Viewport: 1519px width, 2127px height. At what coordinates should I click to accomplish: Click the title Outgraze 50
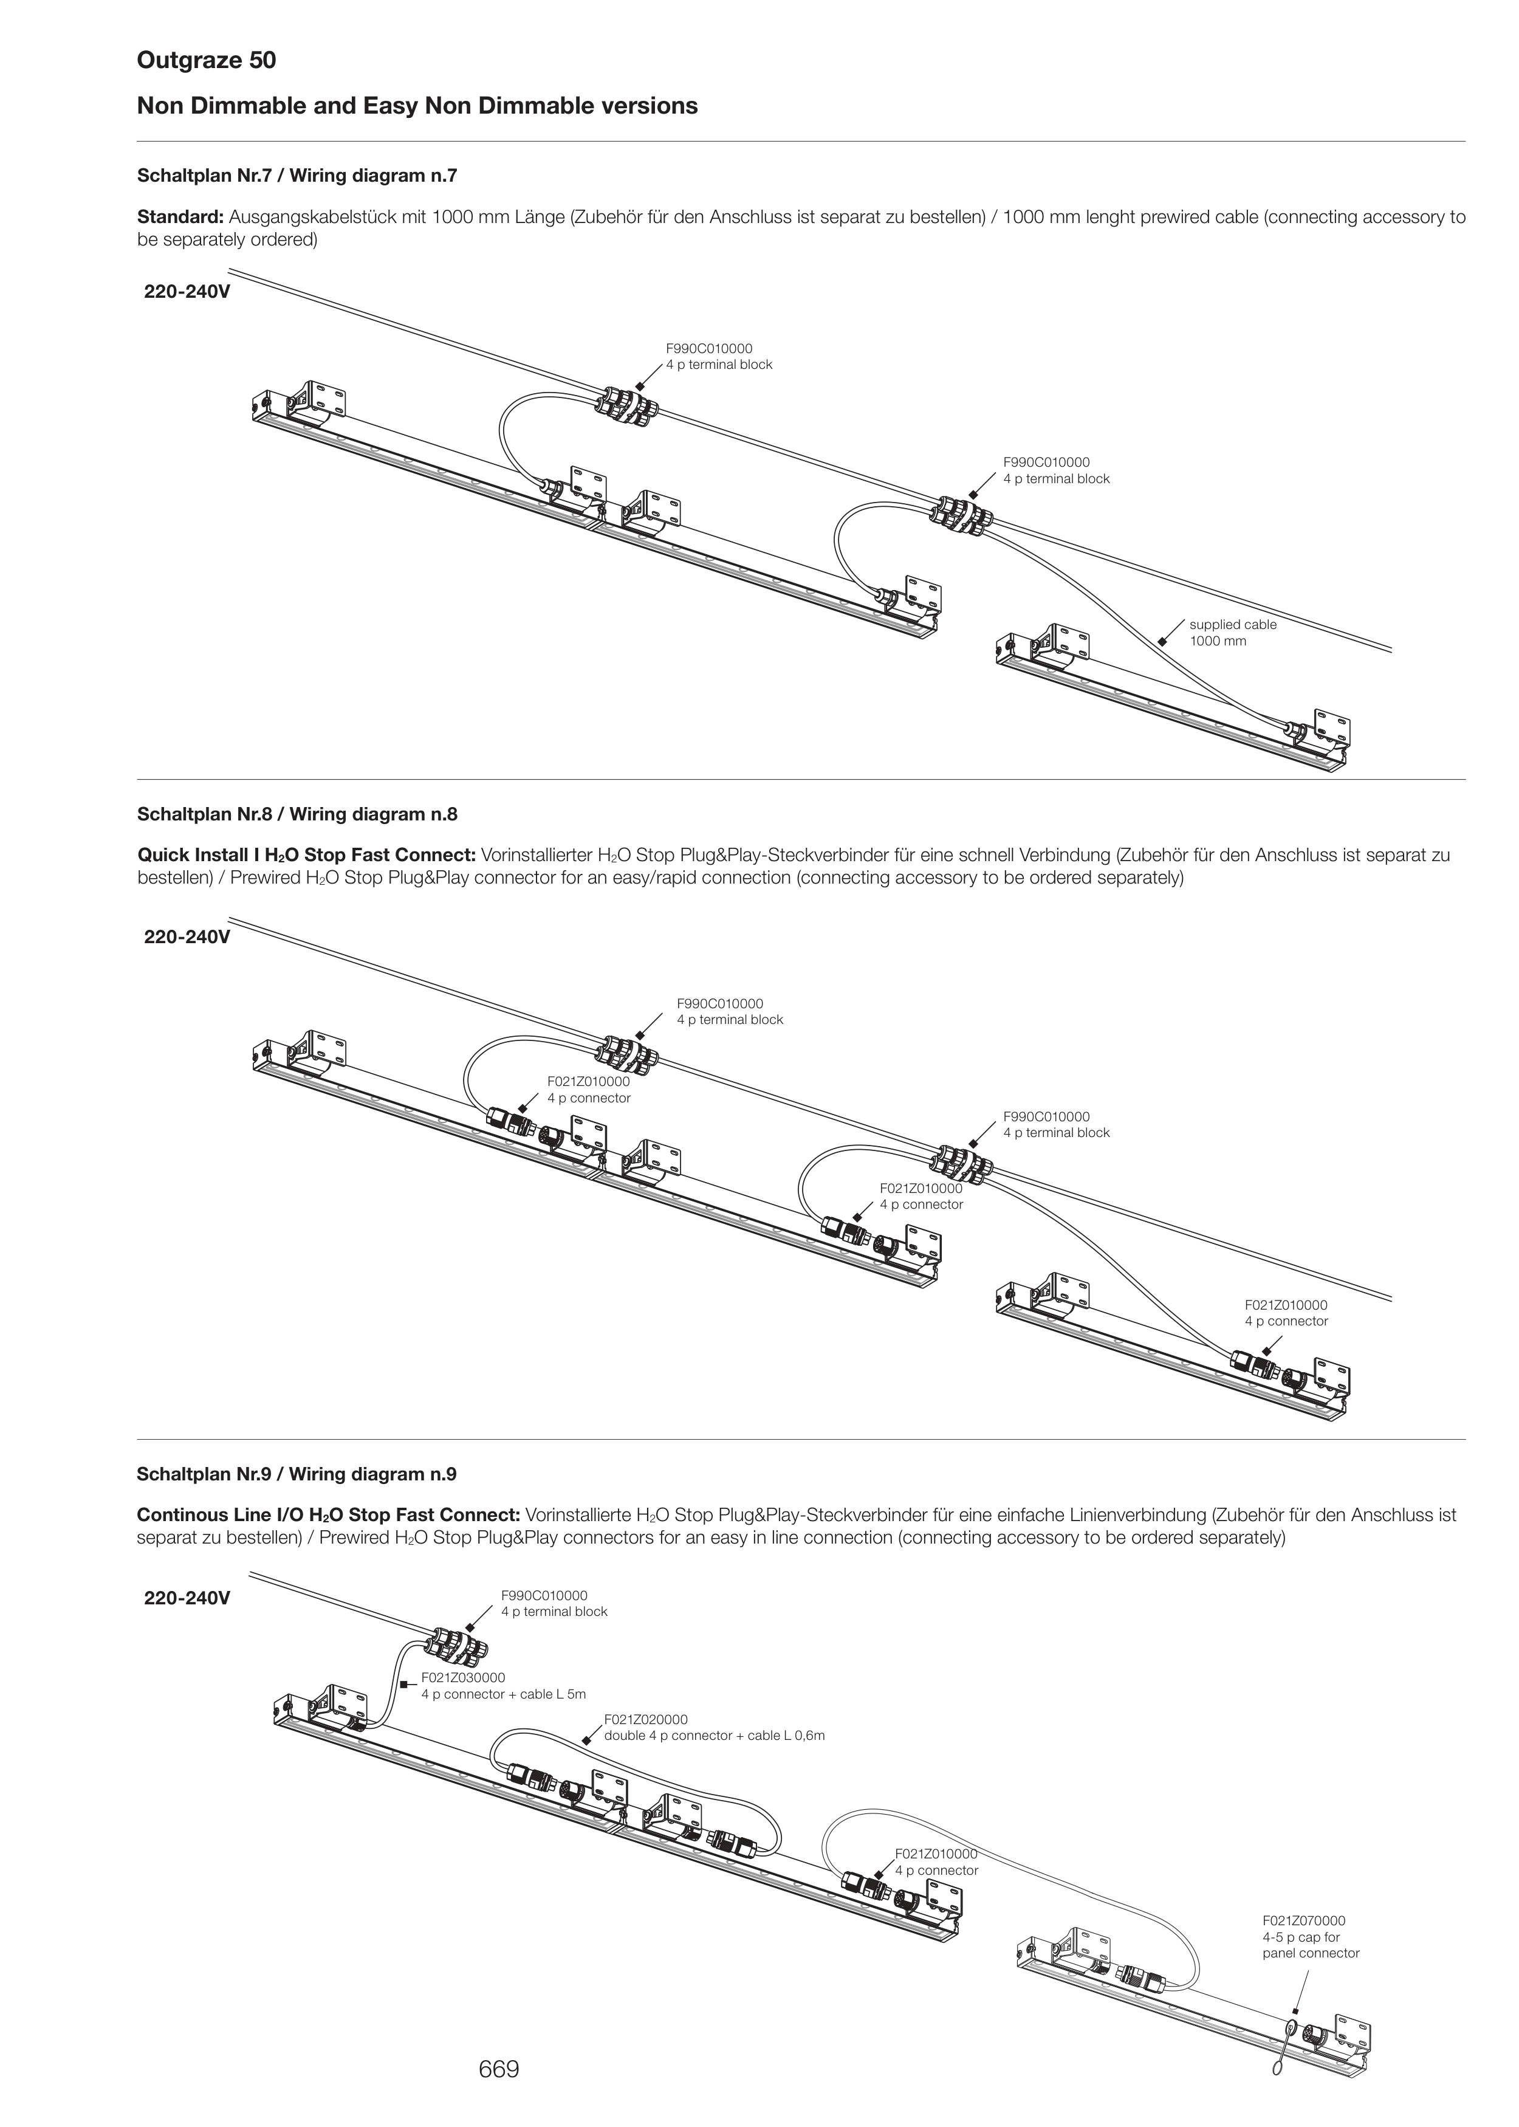(207, 61)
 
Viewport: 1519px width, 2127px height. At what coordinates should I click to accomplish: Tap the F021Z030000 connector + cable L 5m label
(503, 1686)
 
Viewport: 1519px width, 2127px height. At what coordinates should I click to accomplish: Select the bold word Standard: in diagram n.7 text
(180, 217)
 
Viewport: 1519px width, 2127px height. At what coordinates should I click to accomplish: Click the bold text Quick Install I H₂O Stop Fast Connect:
(307, 855)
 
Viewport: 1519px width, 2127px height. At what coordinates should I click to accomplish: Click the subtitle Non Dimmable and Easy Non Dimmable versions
(417, 106)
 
